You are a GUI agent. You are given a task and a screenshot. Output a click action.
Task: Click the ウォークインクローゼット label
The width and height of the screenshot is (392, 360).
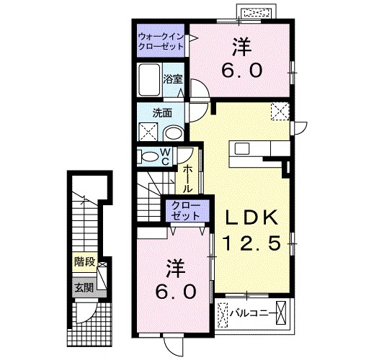tap(161, 42)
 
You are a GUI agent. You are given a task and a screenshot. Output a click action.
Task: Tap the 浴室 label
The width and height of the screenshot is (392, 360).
tap(173, 79)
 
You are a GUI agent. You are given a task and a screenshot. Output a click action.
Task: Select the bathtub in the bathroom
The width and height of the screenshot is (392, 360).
tap(149, 80)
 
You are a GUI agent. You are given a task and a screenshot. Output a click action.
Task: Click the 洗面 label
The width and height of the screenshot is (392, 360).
tap(162, 114)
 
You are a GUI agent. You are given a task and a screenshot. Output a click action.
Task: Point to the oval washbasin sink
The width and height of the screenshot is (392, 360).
tap(174, 132)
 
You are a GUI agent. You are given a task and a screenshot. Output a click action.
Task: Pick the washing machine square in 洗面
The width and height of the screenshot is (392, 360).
tap(148, 132)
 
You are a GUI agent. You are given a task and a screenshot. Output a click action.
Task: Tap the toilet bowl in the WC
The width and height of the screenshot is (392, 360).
tap(149, 157)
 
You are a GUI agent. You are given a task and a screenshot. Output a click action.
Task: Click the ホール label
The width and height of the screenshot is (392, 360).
tap(188, 179)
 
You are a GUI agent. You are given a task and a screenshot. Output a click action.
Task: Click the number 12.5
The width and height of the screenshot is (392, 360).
tap(251, 243)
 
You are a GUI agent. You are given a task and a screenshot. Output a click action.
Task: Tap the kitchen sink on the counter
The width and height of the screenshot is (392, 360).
tap(242, 149)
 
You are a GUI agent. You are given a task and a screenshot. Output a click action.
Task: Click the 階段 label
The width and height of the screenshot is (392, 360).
tap(85, 262)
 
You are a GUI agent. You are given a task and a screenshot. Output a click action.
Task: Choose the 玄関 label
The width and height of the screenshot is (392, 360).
tap(84, 287)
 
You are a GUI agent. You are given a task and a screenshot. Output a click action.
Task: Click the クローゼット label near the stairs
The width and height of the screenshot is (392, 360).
tap(187, 211)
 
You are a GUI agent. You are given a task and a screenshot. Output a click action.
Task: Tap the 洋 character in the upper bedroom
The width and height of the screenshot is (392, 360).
tap(242, 47)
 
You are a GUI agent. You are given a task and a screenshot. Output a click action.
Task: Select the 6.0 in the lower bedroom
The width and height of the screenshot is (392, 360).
tap(175, 292)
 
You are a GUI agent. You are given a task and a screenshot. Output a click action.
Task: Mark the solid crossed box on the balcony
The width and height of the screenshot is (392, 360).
tap(280, 313)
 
